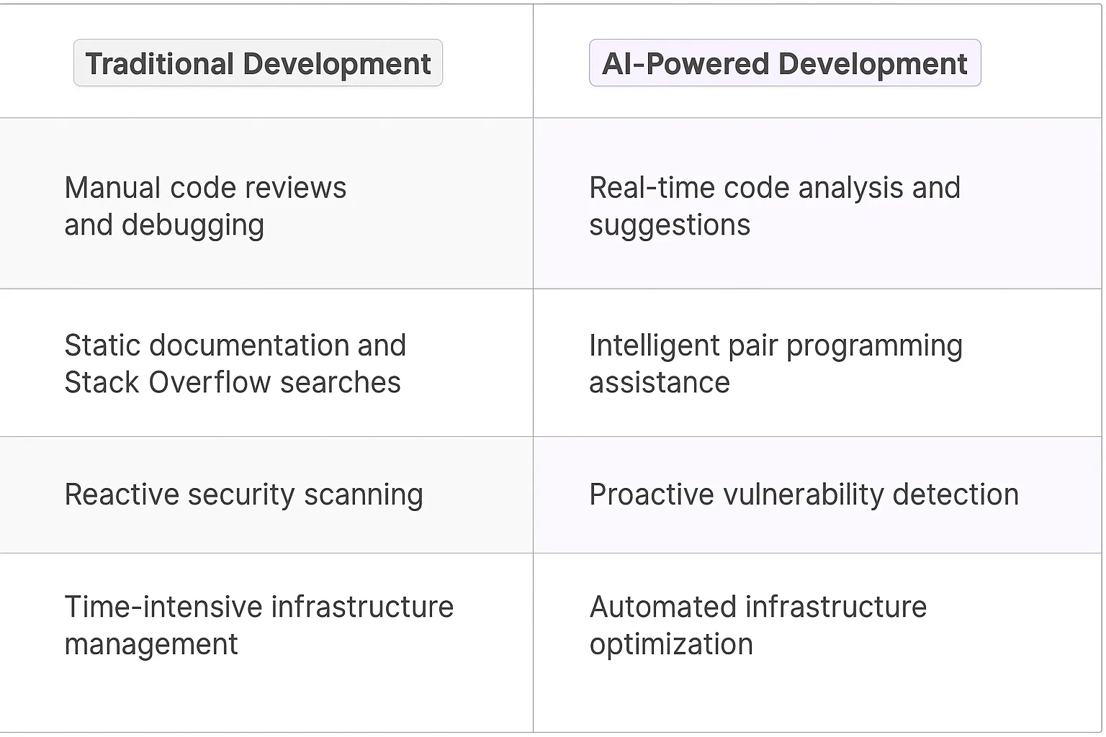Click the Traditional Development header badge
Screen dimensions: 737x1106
pos(258,63)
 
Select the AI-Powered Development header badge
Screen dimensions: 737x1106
pos(784,63)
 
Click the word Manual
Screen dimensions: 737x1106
pos(112,188)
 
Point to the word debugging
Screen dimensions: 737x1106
pos(193,226)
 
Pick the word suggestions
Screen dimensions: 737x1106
pos(670,226)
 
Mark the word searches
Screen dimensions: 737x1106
pos(341,383)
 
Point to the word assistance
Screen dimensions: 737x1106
pos(660,383)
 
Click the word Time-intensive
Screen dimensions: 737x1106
pos(163,607)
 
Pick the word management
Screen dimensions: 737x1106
pos(151,645)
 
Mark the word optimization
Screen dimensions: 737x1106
pos(671,645)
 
